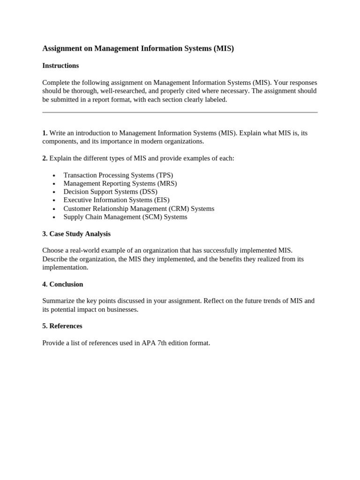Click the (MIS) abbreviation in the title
[224, 48]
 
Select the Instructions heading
[60, 66]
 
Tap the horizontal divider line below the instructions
[180, 112]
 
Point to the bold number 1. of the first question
[45, 133]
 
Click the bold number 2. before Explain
[45, 158]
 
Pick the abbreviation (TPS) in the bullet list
[165, 175]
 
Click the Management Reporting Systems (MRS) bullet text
[120, 184]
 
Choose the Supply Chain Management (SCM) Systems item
[125, 217]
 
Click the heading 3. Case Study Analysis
[76, 234]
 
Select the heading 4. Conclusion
[63, 285]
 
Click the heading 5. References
[62, 326]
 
